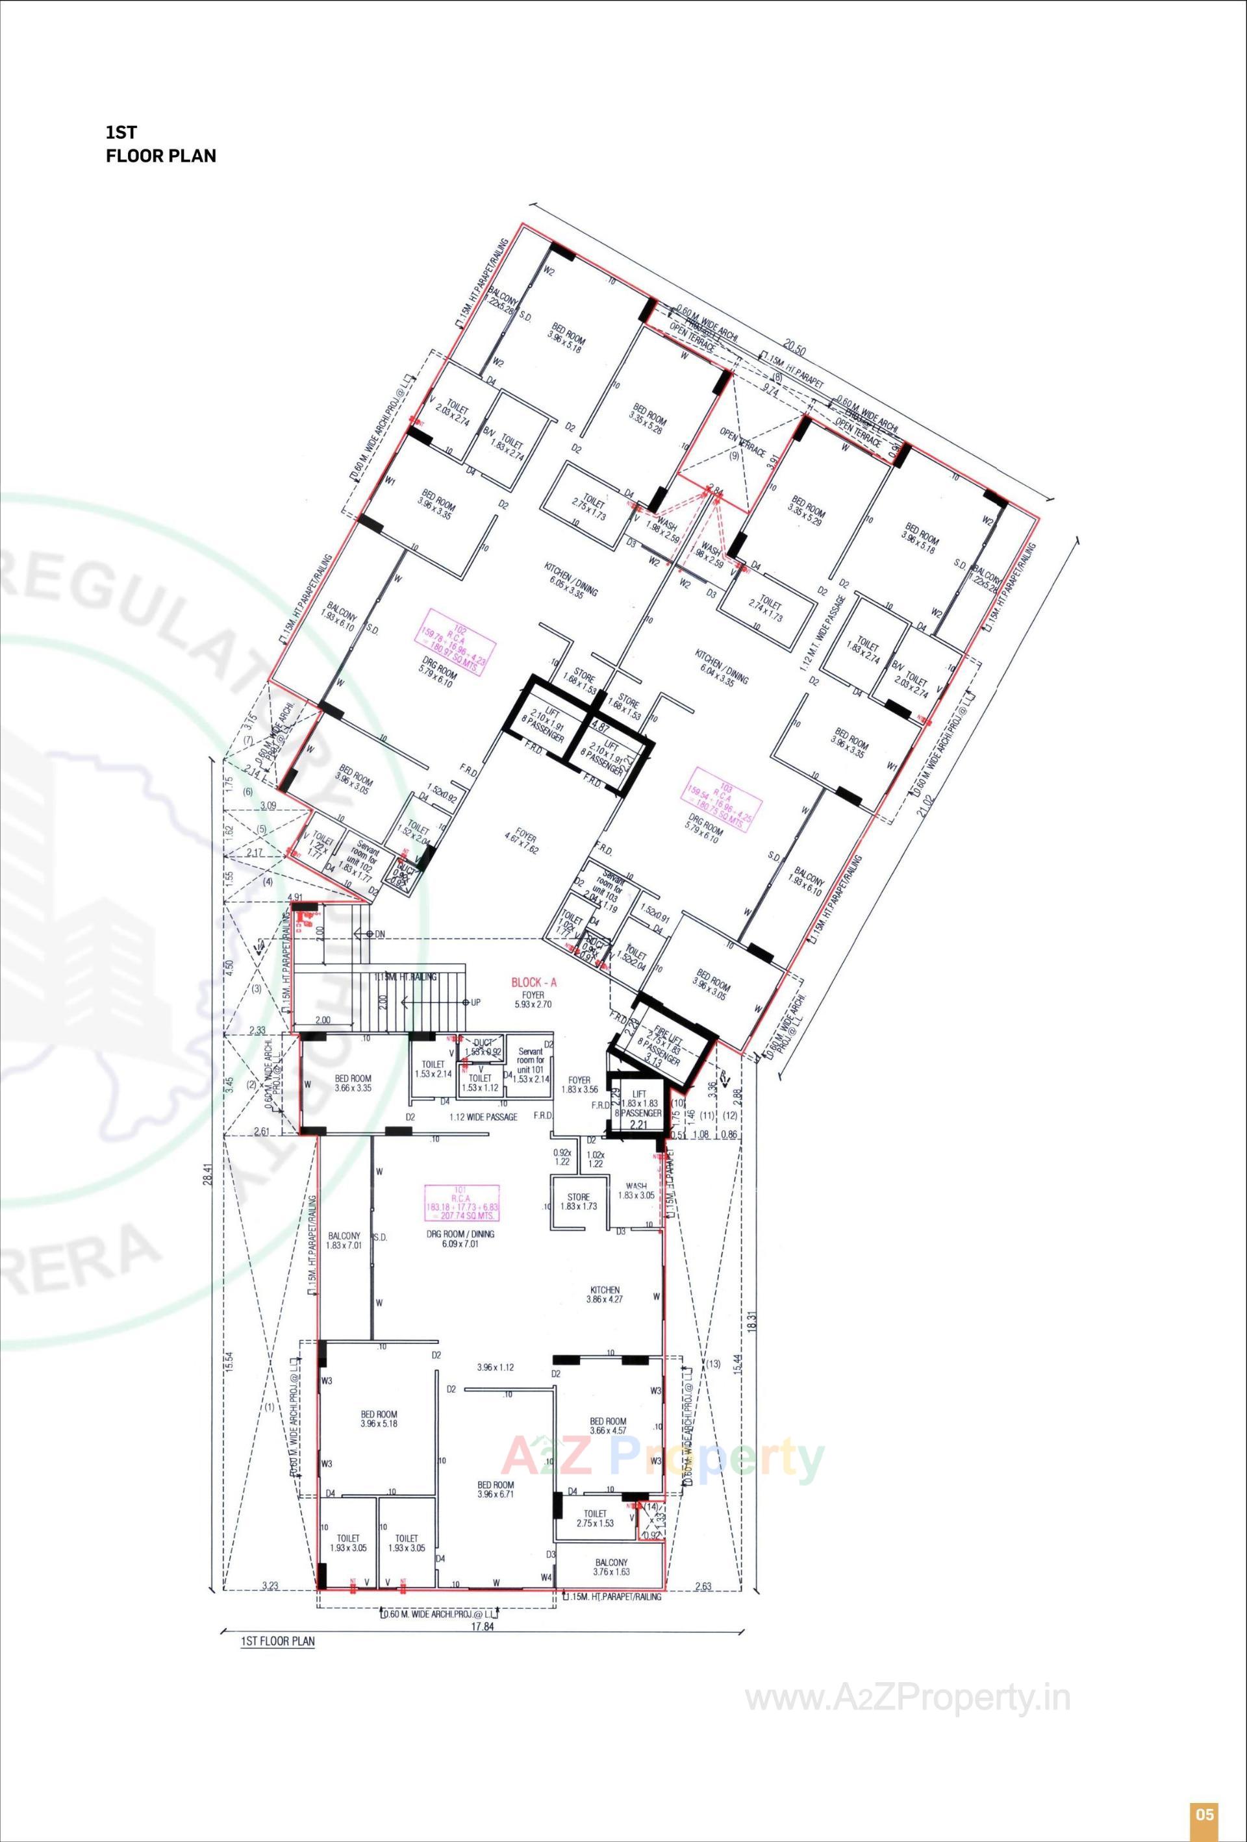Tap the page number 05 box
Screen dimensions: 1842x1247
click(1204, 1813)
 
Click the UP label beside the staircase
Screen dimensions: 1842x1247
click(475, 1002)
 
